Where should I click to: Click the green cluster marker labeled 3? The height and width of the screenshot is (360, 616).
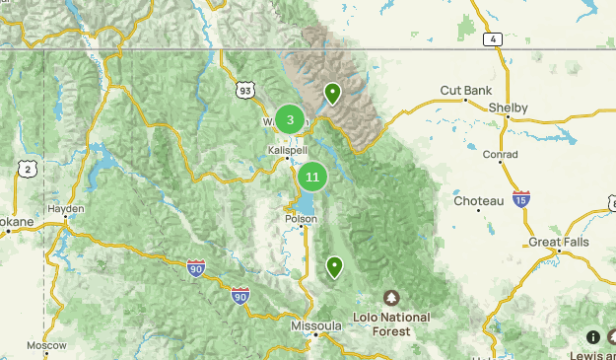point(290,119)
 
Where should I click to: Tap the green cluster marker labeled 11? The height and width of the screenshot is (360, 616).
point(312,178)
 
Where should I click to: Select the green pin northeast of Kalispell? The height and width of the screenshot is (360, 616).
point(333,94)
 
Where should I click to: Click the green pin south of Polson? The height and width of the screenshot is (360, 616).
point(335,266)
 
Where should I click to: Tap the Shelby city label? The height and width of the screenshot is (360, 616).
point(509,108)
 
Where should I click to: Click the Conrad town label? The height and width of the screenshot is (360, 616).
point(500,154)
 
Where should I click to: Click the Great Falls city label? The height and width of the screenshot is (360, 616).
point(559,242)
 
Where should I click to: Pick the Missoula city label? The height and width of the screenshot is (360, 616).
point(315,325)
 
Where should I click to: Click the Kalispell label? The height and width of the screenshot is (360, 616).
point(288,149)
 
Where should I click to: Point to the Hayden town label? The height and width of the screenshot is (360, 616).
point(64,209)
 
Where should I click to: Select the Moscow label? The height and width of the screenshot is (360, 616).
point(46,346)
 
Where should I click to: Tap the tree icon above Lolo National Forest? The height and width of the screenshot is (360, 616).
point(391,298)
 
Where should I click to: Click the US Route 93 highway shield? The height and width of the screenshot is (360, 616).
point(244,90)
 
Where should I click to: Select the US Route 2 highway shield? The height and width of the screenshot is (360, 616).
point(29,170)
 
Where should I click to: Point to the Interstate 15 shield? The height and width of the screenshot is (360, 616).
point(520,199)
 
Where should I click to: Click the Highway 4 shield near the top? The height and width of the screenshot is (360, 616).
point(492,39)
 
